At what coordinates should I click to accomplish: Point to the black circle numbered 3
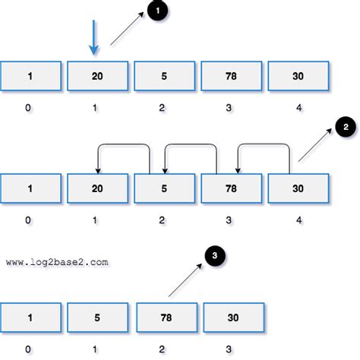pyautogui.click(x=215, y=257)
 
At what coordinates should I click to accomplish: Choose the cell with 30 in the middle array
pyautogui.click(x=298, y=188)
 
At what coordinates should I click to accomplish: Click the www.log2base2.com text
pyautogui.click(x=58, y=262)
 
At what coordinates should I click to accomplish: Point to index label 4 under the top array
pyautogui.click(x=298, y=108)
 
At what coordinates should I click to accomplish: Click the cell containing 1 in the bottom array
pyautogui.click(x=30, y=316)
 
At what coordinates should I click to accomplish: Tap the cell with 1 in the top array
pyautogui.click(x=30, y=77)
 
